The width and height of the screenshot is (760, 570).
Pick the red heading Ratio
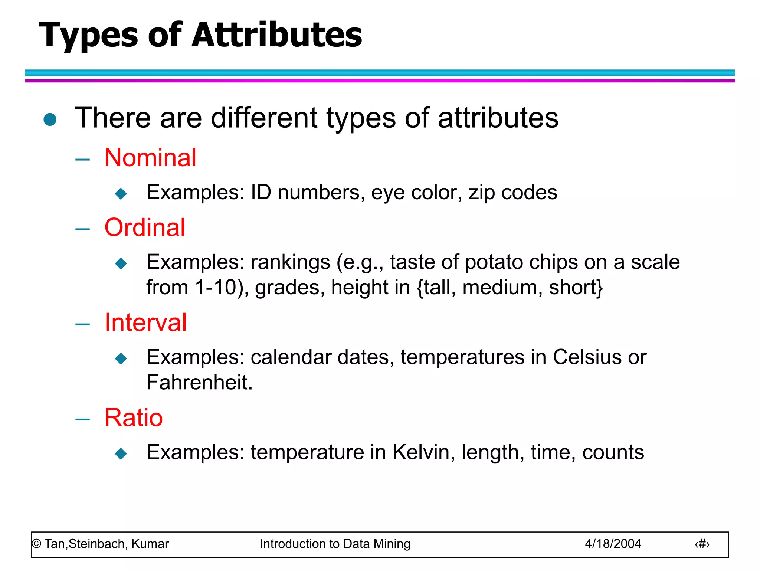[134, 417]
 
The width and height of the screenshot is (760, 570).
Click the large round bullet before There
[50, 119]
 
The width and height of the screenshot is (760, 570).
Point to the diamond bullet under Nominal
[121, 193]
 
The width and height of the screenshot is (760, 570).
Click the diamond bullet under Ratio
[121, 453]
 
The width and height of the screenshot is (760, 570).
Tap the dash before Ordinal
[82, 229]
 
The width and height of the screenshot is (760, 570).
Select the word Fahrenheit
[199, 382]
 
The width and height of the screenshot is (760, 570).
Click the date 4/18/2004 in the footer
[613, 544]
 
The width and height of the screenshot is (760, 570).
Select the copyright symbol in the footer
[36, 544]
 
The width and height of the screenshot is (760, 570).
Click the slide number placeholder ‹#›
[702, 544]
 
